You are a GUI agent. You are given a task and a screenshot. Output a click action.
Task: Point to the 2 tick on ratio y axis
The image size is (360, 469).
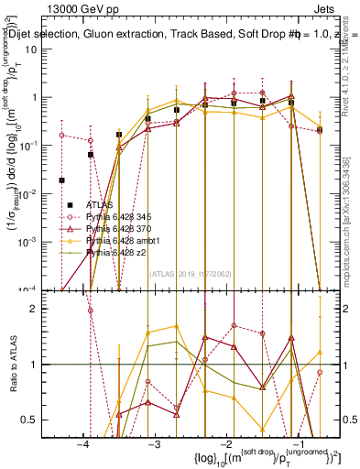click(x=41, y=309)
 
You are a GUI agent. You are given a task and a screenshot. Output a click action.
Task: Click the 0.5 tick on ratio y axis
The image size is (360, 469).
click(x=38, y=420)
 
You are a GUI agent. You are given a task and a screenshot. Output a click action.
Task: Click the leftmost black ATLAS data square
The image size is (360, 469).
click(x=62, y=180)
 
